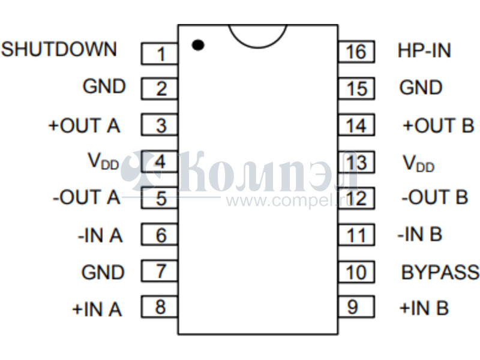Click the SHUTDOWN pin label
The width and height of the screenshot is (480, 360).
[x=59, y=49]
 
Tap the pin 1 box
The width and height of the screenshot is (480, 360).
[x=160, y=54]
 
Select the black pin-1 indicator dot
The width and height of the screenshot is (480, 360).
[x=197, y=44]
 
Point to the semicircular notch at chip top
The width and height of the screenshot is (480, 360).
[x=258, y=35]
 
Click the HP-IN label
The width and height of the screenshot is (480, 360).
[x=424, y=50]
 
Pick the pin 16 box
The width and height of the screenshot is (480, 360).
[x=356, y=52]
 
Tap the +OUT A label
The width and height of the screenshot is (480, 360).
[x=84, y=126]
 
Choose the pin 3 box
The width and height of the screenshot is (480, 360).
[x=160, y=126]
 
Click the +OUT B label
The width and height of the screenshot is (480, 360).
[x=438, y=126]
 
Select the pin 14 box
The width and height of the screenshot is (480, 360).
[x=356, y=126]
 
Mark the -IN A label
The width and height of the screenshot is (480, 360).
[x=100, y=236]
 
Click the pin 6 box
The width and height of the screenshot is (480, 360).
[x=160, y=235]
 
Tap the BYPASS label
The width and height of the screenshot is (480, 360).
[x=440, y=272]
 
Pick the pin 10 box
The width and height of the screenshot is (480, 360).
[x=356, y=272]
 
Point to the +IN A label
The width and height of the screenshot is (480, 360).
[x=97, y=309]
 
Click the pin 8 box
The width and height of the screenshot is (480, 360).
[x=160, y=307]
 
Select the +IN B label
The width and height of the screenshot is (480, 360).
[x=424, y=308]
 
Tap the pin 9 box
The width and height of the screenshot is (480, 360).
[x=356, y=307]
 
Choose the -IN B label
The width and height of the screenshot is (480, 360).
[x=419, y=234]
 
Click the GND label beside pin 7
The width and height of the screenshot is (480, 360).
[x=103, y=272]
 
